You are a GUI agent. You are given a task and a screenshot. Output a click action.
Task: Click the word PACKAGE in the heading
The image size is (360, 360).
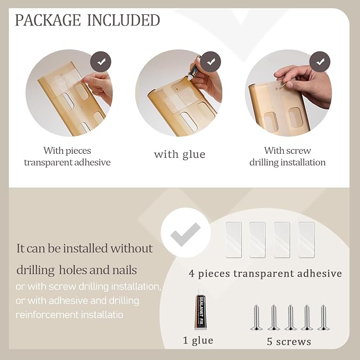48,20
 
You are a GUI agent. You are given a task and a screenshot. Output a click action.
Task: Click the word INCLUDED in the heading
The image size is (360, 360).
124,20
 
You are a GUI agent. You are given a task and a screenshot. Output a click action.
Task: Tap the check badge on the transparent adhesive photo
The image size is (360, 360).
101,62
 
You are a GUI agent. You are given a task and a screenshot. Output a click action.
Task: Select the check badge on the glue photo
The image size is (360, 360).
210,62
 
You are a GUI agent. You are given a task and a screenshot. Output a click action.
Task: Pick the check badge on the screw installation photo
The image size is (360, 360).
320,62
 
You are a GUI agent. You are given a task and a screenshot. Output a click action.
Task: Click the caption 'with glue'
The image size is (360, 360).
180,154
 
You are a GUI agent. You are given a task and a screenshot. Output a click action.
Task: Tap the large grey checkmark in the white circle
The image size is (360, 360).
185,234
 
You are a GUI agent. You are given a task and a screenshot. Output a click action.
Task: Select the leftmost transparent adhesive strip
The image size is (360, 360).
234,240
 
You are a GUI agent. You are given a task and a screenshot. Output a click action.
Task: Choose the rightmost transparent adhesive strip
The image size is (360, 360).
306,240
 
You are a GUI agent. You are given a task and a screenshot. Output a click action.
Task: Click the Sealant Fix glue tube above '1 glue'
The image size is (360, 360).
200,312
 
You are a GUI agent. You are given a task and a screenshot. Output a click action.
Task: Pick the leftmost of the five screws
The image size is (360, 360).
256,318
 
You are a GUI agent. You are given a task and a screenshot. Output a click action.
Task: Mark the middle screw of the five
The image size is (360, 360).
290,318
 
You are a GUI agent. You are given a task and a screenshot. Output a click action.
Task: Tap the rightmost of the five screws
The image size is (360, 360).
323,318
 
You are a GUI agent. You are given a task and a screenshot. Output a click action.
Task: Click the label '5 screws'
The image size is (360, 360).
289,341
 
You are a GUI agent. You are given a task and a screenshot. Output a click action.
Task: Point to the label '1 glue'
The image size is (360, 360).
198,340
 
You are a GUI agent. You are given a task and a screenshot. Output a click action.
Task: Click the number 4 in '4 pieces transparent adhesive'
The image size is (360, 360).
192,274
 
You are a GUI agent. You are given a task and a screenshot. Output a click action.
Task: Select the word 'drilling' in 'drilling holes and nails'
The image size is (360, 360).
36,270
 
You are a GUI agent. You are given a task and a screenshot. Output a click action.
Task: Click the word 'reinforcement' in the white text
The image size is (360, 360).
47,314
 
